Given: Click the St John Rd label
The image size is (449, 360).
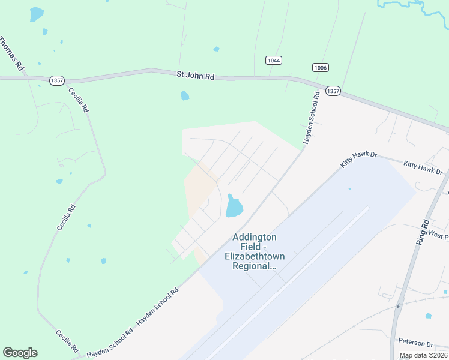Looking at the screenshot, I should pos(195,76).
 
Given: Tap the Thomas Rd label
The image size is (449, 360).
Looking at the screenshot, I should pos(11,54).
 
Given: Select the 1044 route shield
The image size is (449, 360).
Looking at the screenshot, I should pos(274,60).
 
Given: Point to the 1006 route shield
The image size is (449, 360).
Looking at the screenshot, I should pos(319,68).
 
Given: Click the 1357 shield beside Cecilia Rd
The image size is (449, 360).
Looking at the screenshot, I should pos(57,80).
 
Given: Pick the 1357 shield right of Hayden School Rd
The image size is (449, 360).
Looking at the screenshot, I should pos(333,91).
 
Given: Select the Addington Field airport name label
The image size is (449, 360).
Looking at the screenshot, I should pos(255,251).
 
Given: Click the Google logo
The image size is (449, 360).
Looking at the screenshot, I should pos(20,353).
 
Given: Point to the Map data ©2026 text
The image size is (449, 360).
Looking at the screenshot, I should pos(423,355).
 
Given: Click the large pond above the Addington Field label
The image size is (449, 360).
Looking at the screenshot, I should pos(234,207).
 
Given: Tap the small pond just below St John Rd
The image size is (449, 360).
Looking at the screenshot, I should pos(185,95).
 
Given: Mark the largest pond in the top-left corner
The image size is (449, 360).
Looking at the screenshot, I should pos(37,14).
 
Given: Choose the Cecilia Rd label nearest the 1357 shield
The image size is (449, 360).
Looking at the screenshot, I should pos(79,100).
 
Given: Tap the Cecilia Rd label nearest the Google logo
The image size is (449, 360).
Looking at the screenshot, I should pos(67,341).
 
